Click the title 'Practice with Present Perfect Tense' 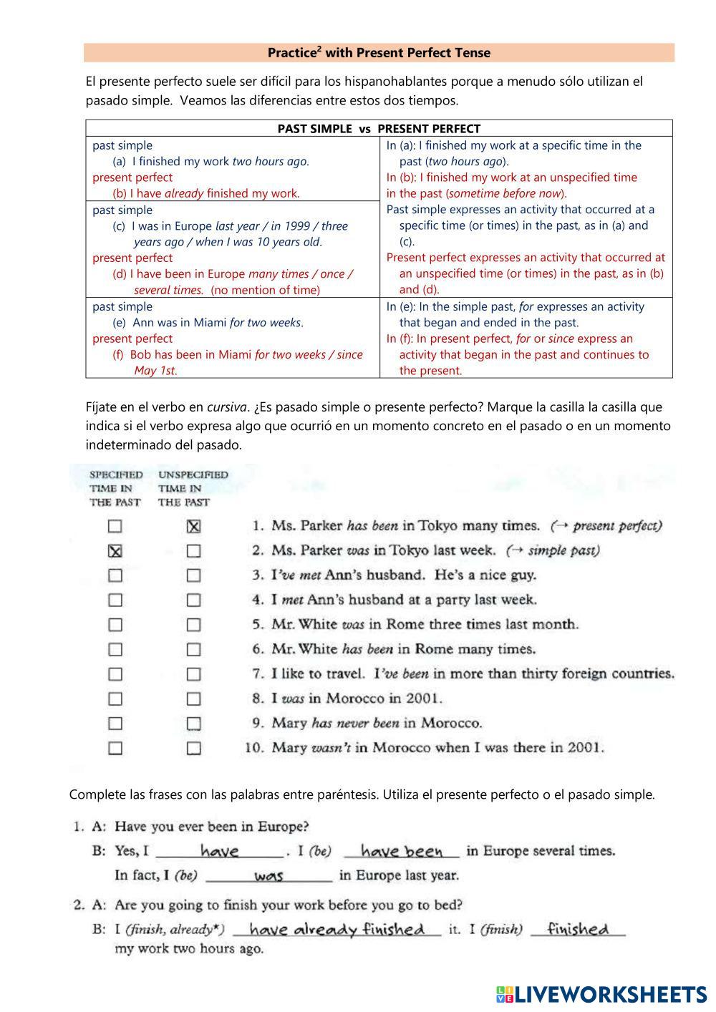[379, 52]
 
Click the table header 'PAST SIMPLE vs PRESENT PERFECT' [379, 129]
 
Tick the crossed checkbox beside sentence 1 [193, 527]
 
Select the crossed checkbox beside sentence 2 [115, 551]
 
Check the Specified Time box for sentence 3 [115, 575]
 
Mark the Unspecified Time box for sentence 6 [193, 650]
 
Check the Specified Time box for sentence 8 [115, 699]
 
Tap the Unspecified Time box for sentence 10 [193, 749]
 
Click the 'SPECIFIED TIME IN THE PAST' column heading [115, 488]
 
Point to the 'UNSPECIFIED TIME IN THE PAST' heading [193, 488]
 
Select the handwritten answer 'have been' [402, 852]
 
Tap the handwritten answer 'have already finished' [337, 930]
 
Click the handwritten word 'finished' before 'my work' [578, 929]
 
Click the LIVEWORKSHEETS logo [601, 994]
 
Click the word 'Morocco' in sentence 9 [450, 724]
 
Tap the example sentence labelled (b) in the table [206, 193]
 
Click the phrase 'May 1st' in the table [155, 371]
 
